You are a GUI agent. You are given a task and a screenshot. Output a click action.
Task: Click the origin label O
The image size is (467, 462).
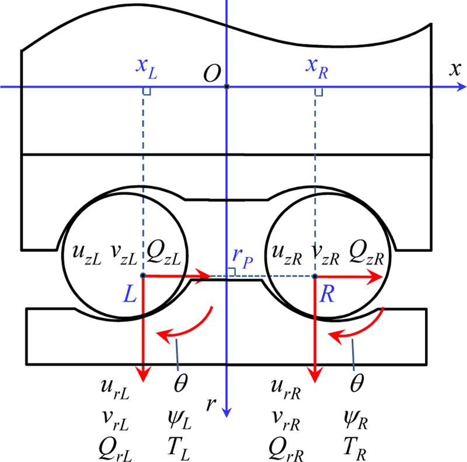click(211, 73)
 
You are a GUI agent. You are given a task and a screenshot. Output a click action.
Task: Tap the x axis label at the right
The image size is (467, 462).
click(452, 69)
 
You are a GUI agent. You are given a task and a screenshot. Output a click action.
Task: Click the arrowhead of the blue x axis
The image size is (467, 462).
click(461, 87)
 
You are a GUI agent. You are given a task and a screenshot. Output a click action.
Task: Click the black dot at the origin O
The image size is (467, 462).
click(227, 87)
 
